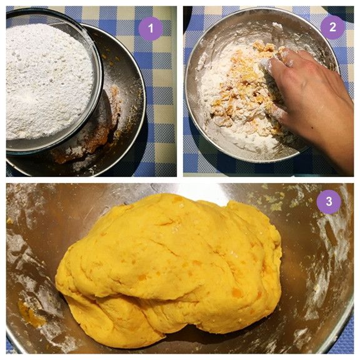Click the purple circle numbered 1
point(151,29)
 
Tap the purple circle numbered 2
point(332,27)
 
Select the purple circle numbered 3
point(329,202)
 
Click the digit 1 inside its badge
point(151,29)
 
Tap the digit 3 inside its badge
point(329,202)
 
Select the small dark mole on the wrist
point(312,127)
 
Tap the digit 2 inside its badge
point(332,27)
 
